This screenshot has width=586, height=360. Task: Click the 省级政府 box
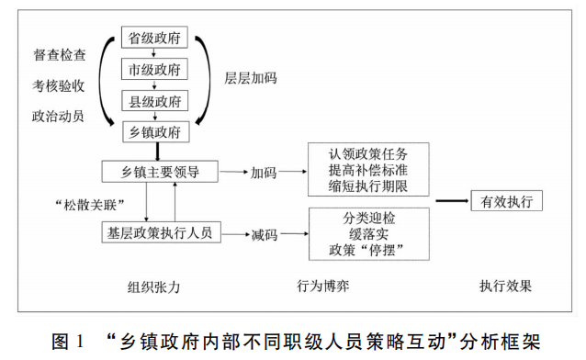coord(155,39)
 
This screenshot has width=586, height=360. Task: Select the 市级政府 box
coord(155,70)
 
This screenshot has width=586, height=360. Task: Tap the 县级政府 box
coord(155,101)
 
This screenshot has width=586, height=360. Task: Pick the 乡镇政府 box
coord(155,132)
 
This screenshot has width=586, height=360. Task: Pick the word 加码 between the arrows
coord(264,172)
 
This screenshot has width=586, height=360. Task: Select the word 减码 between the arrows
coord(264,234)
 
